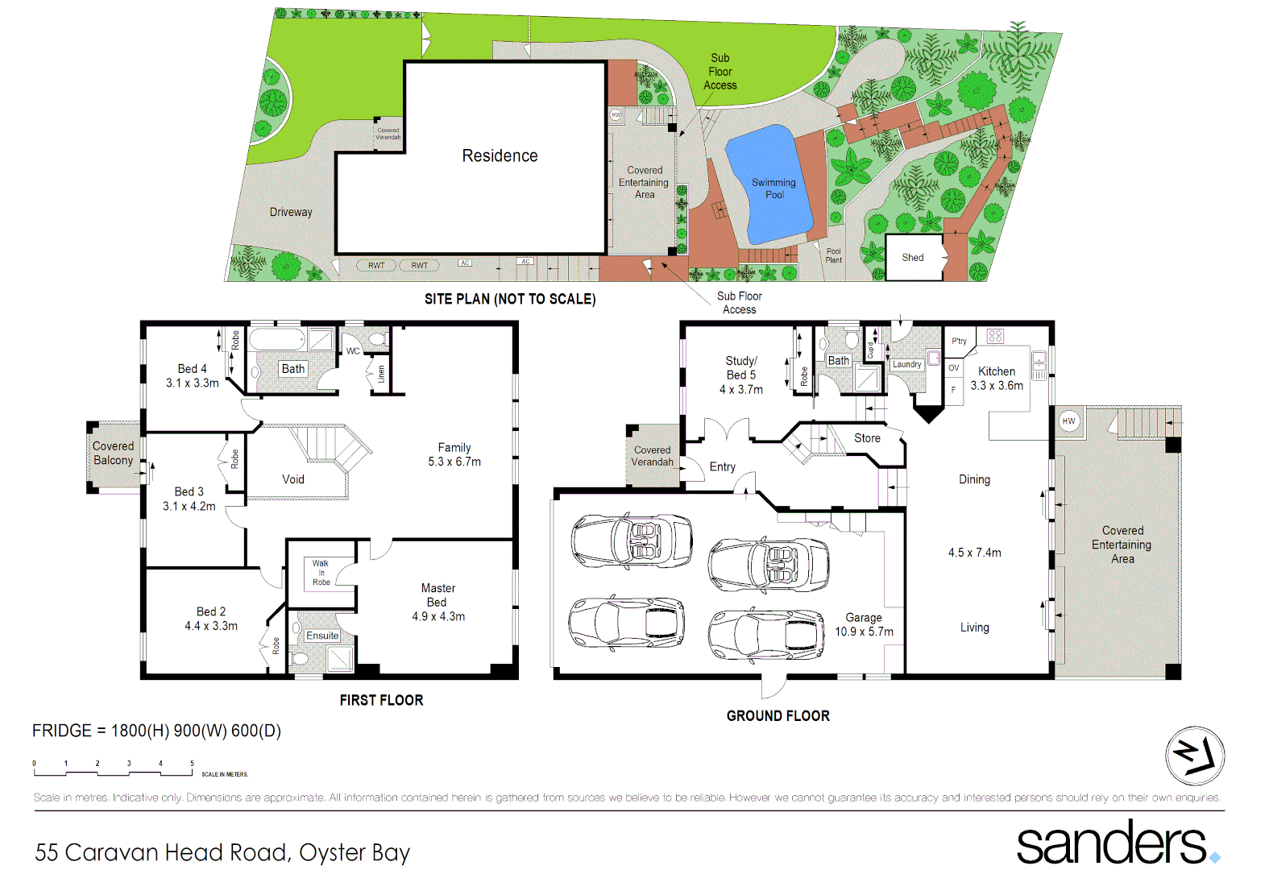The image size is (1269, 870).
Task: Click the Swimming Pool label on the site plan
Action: coord(773,188)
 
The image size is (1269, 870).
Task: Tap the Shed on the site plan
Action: coord(913,258)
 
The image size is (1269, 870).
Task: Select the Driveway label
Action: coord(291,213)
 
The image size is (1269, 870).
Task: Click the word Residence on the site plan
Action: coord(500,156)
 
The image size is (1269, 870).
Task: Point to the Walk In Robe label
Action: coord(321,573)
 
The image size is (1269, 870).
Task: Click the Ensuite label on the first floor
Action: coord(322,636)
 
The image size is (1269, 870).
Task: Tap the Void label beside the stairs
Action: coord(293,479)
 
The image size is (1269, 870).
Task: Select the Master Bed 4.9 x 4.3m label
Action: coord(438,603)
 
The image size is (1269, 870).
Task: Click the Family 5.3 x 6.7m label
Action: coord(454,454)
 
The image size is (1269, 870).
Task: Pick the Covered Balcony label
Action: coord(113,453)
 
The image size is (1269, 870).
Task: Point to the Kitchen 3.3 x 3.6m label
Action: coord(997,379)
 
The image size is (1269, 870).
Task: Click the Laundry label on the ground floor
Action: coord(906,365)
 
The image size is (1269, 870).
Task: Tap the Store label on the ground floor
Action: coord(867,438)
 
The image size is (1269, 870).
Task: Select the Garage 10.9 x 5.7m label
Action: coord(864,624)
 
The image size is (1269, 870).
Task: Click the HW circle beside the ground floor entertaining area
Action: coord(1068,421)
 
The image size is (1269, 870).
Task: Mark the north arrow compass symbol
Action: coord(1195,756)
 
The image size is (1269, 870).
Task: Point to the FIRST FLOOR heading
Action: coord(381,700)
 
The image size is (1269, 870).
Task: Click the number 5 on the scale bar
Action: coord(192,763)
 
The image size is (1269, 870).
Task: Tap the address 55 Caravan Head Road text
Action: coord(222,852)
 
